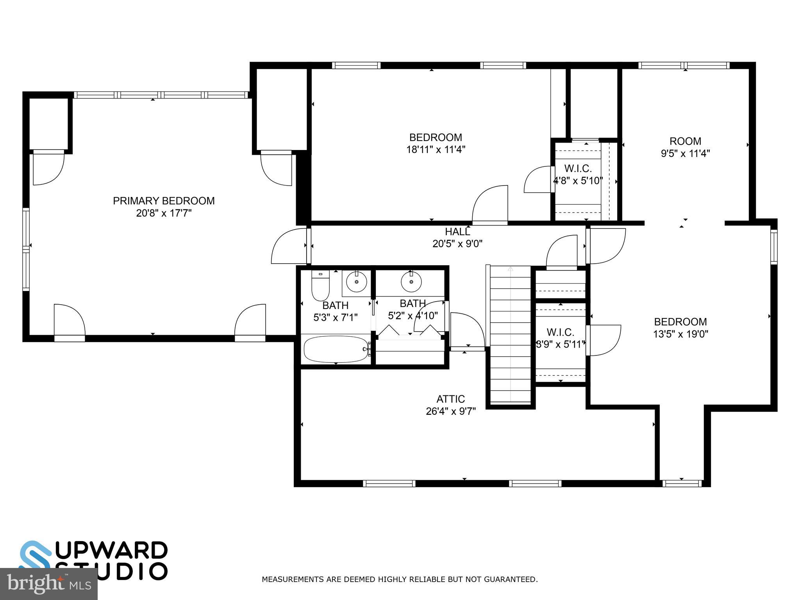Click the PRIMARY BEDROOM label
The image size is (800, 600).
tap(164, 201)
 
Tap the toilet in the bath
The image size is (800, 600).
tap(320, 287)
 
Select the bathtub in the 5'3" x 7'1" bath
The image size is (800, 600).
tap(336, 349)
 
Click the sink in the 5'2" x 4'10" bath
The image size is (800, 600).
tap(411, 282)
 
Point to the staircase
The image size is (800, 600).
tap(511, 334)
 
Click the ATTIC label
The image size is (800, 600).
tap(450, 399)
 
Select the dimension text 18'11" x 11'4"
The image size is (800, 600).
tap(436, 150)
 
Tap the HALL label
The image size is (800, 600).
tap(457, 232)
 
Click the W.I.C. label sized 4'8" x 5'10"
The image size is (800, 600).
tap(578, 169)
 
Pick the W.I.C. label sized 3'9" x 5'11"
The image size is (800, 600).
tap(560, 332)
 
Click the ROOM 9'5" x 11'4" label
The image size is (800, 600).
tap(685, 141)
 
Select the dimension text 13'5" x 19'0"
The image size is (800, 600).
tap(680, 334)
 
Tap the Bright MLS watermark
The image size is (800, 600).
tap(48, 584)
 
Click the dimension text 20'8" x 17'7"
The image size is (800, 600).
tap(164, 213)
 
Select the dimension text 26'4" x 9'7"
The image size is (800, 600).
tap(450, 411)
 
